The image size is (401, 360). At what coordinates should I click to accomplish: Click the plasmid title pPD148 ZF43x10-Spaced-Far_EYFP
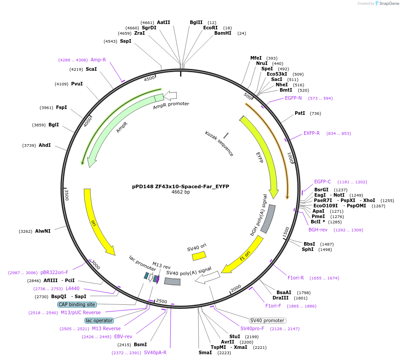point(180,186)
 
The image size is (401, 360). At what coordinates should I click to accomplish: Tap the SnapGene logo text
point(388,4)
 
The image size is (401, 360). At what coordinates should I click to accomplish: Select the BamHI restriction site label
point(223,33)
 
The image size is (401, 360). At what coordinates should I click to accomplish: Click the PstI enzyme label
point(300,113)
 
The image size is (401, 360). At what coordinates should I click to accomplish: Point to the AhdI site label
point(44,146)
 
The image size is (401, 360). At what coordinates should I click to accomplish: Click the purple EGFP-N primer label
point(293,98)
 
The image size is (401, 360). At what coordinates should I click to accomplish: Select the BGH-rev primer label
point(318,230)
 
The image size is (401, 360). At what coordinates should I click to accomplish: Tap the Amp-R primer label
point(98,60)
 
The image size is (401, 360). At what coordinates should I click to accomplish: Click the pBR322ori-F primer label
point(54,272)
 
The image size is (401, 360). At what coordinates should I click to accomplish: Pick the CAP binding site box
point(76,305)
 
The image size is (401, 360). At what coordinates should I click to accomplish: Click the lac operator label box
point(99,320)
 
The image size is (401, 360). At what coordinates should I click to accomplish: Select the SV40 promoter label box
point(267,320)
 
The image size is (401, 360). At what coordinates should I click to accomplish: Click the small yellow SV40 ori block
point(199,256)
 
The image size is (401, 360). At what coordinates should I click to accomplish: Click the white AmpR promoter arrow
point(170,95)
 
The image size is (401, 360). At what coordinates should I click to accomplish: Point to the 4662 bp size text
point(180,192)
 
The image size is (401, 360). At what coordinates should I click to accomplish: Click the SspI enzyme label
point(126,41)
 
